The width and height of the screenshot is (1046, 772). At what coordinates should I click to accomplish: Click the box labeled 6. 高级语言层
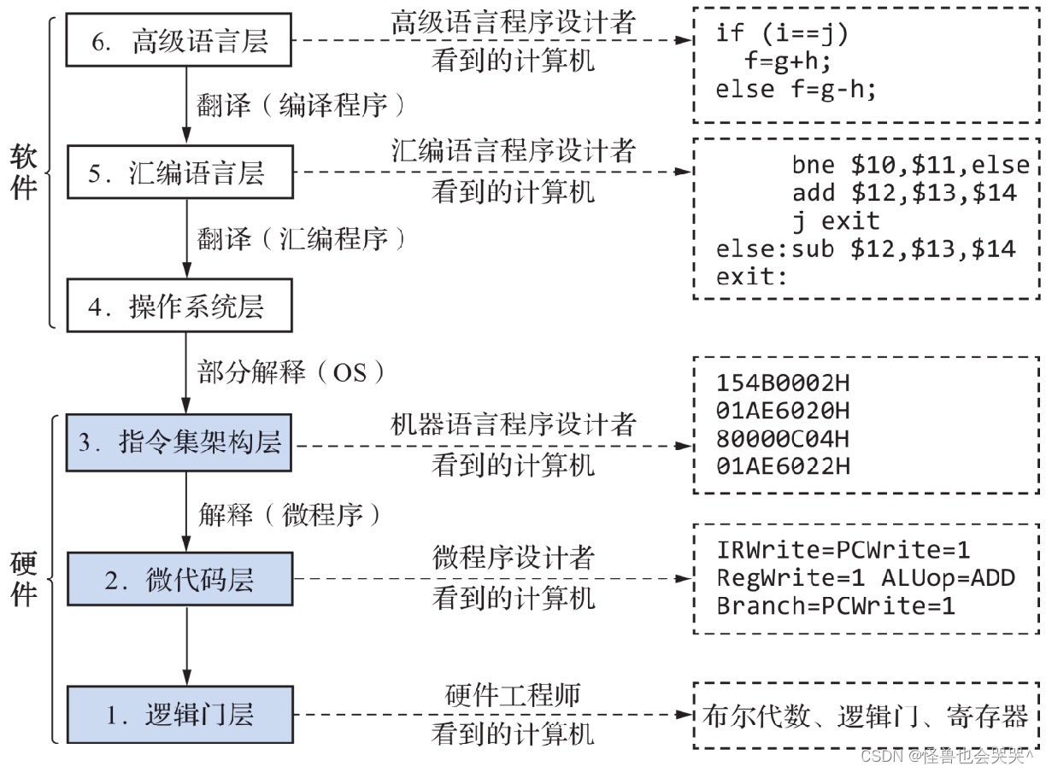179,40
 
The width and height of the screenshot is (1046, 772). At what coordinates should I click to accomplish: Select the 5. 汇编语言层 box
179,173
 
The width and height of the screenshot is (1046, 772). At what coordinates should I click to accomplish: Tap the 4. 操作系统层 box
179,307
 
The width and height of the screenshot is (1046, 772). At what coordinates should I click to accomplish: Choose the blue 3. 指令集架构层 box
179,442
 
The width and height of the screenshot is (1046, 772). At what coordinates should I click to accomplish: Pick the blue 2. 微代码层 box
179,579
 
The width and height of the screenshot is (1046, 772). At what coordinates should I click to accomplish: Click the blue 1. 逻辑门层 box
179,713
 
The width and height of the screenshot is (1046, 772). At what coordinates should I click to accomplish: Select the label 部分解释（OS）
291,373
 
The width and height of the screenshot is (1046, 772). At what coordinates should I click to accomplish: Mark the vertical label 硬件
23,578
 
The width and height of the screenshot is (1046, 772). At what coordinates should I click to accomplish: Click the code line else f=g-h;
796,88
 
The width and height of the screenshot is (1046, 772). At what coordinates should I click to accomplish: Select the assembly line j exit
835,221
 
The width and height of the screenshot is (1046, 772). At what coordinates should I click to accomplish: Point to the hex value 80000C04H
783,439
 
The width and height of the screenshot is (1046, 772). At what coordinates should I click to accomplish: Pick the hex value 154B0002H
783,383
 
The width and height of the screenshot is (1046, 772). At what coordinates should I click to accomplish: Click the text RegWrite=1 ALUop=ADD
865,578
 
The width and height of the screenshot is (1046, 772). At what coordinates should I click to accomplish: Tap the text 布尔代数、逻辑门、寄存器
865,716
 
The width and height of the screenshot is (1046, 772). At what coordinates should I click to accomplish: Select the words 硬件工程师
513,695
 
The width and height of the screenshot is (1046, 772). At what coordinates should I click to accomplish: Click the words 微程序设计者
513,559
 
